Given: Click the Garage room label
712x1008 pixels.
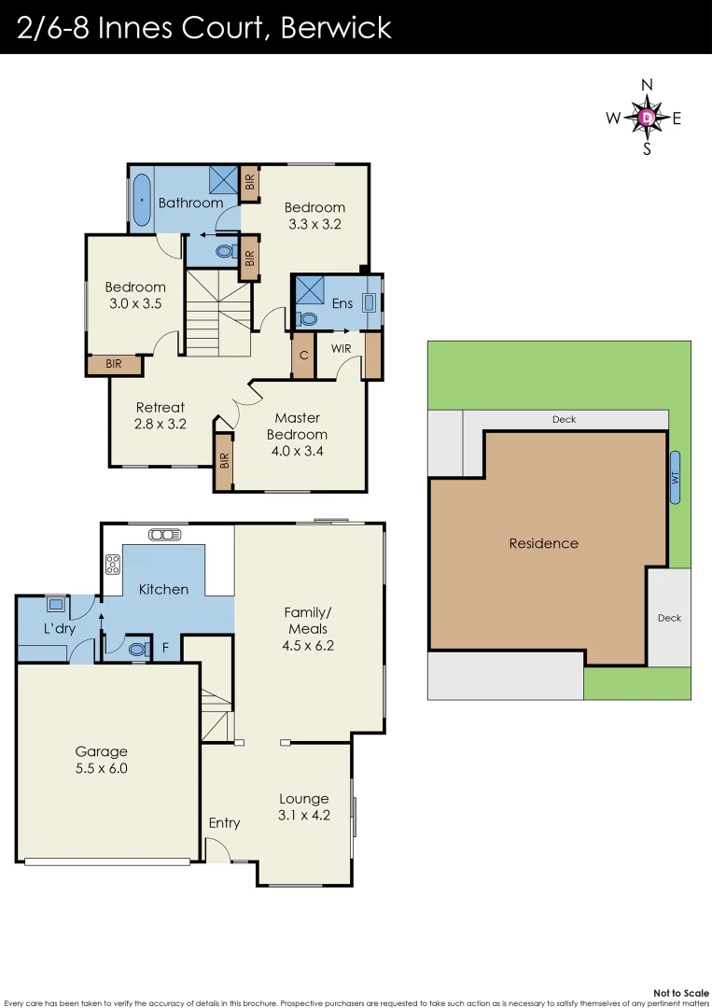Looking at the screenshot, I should click(101, 751).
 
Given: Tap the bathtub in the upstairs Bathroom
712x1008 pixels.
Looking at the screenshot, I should click(141, 200).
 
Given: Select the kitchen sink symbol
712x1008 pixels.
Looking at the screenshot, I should click(164, 535).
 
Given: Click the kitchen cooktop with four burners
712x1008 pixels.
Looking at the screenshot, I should click(113, 563).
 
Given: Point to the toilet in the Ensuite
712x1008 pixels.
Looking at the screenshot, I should click(309, 318).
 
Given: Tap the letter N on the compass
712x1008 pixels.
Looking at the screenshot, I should click(647, 85).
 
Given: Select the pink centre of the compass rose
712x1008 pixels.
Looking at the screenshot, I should click(647, 118).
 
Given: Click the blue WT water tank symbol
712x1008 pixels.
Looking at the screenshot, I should click(675, 477).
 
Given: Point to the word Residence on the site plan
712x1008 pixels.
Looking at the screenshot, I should click(543, 543).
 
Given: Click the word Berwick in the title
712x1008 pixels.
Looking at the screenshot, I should click(336, 27).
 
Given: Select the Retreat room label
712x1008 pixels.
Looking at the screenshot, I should click(161, 407).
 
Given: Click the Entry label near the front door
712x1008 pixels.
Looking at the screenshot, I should click(224, 822).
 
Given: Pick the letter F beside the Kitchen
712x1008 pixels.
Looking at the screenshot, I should click(166, 646).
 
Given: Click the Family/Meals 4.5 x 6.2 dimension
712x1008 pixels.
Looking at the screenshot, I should click(308, 629).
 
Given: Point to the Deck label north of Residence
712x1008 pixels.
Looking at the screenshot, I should click(564, 419).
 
